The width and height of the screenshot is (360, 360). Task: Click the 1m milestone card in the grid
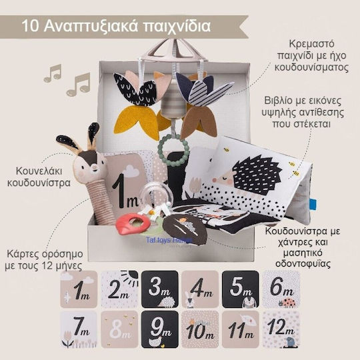coord(79,289)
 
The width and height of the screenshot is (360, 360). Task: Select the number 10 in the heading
coord(29,27)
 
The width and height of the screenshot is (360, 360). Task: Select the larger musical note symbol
coord(78,83)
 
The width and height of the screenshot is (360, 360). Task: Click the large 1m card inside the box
coord(125,189)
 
